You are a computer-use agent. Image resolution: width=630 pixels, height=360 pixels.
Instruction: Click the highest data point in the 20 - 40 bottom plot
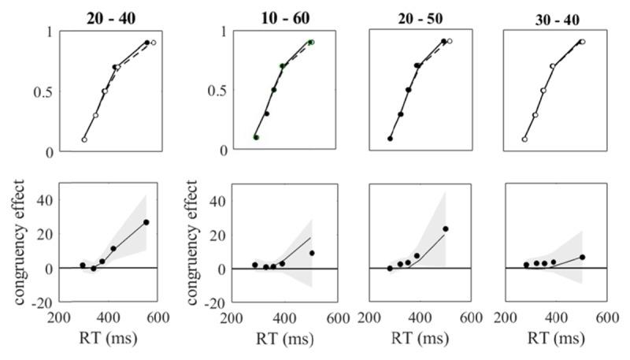146,223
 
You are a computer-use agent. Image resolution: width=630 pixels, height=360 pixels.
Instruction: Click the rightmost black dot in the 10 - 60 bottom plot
313,253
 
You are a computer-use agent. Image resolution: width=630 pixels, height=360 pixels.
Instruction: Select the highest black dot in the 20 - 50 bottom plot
446,229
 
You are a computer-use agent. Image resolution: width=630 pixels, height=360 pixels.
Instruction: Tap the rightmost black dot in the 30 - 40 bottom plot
583,257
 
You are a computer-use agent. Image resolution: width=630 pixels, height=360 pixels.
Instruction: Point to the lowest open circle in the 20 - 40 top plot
84,139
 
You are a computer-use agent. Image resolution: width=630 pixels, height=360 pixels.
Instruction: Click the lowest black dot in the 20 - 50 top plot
390,139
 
